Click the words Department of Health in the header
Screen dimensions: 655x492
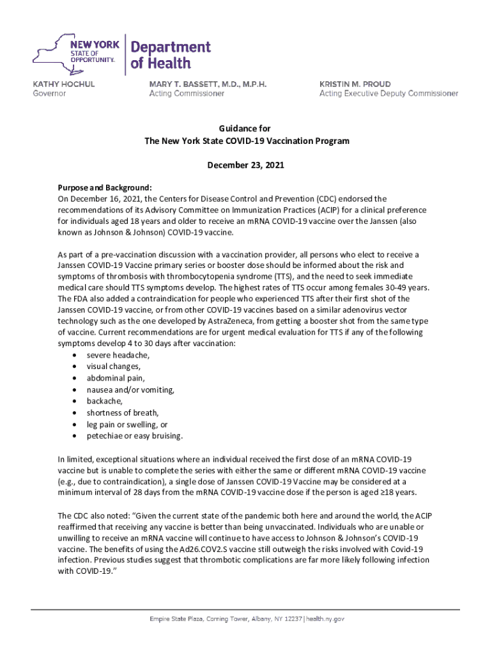coord(170,55)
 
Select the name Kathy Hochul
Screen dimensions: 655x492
coord(63,84)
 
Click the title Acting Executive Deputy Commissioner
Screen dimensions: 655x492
coord(388,93)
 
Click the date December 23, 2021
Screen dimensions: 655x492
coord(246,165)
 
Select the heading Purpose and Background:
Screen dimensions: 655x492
coord(105,187)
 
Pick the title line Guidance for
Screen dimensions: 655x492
coord(246,129)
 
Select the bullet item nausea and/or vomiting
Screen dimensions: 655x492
coord(130,390)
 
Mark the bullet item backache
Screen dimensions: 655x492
coord(105,401)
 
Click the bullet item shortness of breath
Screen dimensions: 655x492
coord(123,413)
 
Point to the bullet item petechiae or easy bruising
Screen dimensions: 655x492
coord(135,436)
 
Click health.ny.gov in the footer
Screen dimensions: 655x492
coord(326,619)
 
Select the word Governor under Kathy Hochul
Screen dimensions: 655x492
coord(49,93)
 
